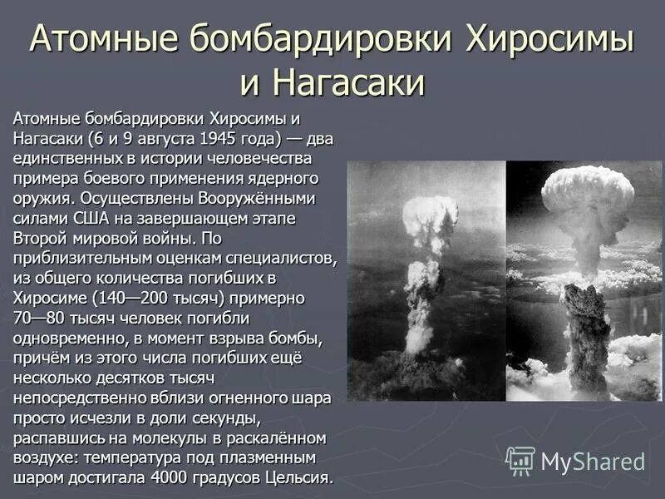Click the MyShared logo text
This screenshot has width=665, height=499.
click(593, 462)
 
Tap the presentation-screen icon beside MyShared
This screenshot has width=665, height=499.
click(520, 461)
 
